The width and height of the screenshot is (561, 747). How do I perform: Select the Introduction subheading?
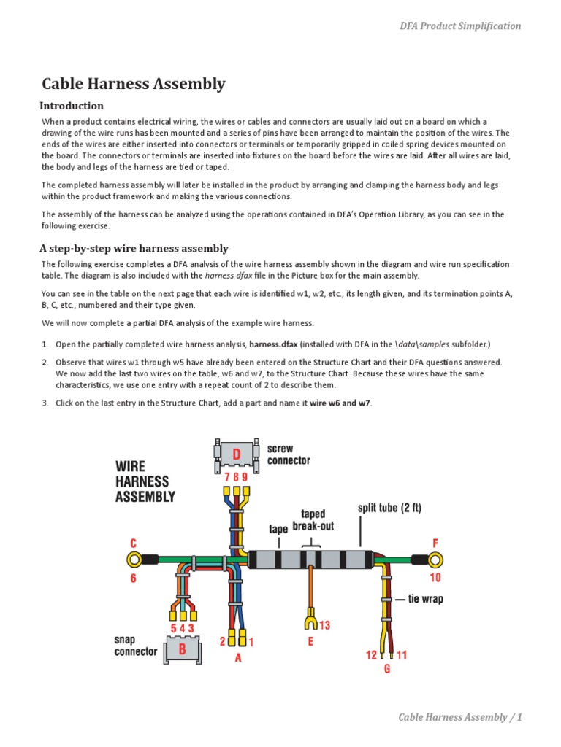72,106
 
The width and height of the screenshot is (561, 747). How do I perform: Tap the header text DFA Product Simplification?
460,26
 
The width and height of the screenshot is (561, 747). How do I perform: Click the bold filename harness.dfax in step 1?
273,344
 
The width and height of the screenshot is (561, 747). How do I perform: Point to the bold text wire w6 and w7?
340,404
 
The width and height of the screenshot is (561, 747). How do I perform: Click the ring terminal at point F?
435,560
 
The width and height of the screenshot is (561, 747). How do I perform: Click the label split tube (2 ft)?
389,508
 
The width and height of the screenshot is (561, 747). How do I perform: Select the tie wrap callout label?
425,600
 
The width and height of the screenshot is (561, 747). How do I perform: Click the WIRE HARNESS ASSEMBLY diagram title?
145,481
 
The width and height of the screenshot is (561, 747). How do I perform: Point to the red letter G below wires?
387,668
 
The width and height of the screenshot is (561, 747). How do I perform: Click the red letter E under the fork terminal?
310,642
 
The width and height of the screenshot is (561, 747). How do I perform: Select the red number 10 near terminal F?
435,578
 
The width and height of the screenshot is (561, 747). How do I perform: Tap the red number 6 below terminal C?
134,578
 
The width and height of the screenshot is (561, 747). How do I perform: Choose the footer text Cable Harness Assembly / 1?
460,717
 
